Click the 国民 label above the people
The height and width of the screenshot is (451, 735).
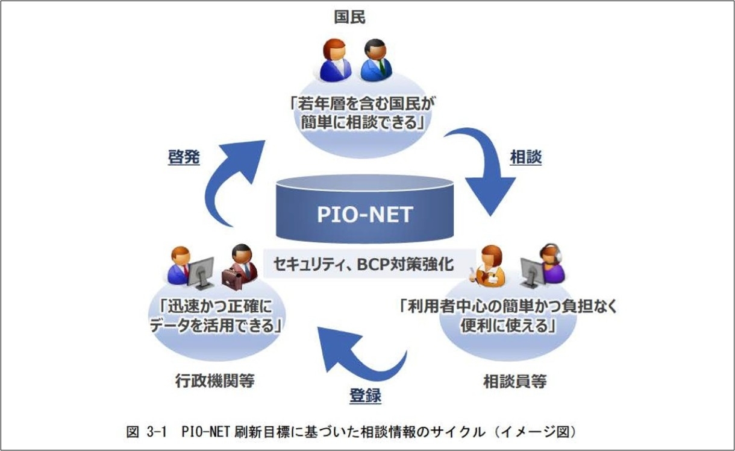pyautogui.click(x=350, y=17)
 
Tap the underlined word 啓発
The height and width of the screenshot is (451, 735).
pyautogui.click(x=184, y=157)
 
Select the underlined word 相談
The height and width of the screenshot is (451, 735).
pyautogui.click(x=526, y=157)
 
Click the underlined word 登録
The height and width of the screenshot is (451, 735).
pyautogui.click(x=365, y=396)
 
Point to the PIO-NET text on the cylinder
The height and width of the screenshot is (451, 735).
pyautogui.click(x=365, y=216)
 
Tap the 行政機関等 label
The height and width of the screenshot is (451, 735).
pyautogui.click(x=215, y=380)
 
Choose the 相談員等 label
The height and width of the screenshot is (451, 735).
pyautogui.click(x=515, y=381)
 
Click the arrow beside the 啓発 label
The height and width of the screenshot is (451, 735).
pyautogui.click(x=232, y=181)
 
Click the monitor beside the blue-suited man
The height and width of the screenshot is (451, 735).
pyautogui.click(x=201, y=271)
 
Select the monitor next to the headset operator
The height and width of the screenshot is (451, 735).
pyautogui.click(x=531, y=271)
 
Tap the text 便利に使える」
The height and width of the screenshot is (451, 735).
pyautogui.click(x=507, y=326)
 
